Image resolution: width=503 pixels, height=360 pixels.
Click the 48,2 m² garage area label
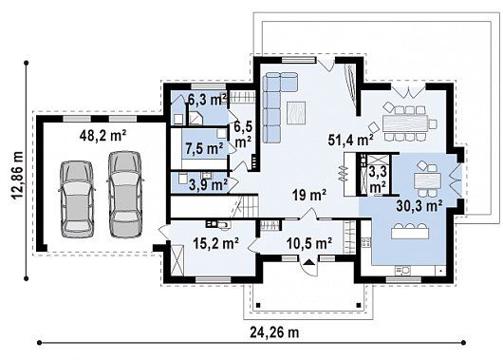[102, 136]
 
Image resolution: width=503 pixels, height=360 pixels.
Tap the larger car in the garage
[124, 195]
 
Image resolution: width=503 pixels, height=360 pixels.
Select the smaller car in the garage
[77, 199]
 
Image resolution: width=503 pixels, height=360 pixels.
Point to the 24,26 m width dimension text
[274, 332]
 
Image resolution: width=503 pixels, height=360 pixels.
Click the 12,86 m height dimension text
[17, 175]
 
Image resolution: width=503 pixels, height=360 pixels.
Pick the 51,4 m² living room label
[350, 140]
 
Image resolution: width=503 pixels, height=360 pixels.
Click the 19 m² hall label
[309, 195]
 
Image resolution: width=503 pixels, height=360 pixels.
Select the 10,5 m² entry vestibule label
[308, 244]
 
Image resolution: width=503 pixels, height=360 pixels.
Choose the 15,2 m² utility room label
[215, 243]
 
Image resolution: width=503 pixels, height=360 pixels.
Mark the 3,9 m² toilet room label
[209, 184]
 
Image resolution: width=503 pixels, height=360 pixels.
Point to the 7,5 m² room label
[204, 149]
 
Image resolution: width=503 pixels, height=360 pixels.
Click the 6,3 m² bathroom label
[208, 100]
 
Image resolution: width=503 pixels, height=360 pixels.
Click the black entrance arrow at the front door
[309, 262]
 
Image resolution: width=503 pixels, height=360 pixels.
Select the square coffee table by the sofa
[296, 112]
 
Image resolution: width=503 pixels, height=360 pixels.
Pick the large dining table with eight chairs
[405, 123]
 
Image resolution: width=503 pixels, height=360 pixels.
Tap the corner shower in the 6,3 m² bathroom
[195, 118]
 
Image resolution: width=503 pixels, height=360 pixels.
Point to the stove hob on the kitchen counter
[366, 242]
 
